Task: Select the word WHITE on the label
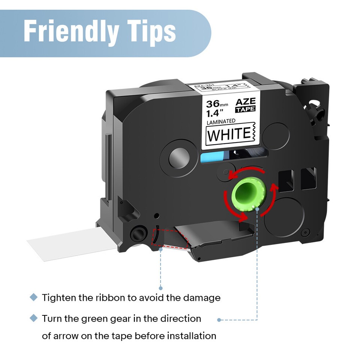click(x=229, y=134)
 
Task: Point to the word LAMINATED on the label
click(x=222, y=121)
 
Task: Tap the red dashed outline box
click(x=169, y=239)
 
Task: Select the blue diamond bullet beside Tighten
click(x=34, y=297)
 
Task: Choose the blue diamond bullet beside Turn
click(x=34, y=318)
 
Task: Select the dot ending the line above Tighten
click(x=160, y=288)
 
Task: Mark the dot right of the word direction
click(x=219, y=320)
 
